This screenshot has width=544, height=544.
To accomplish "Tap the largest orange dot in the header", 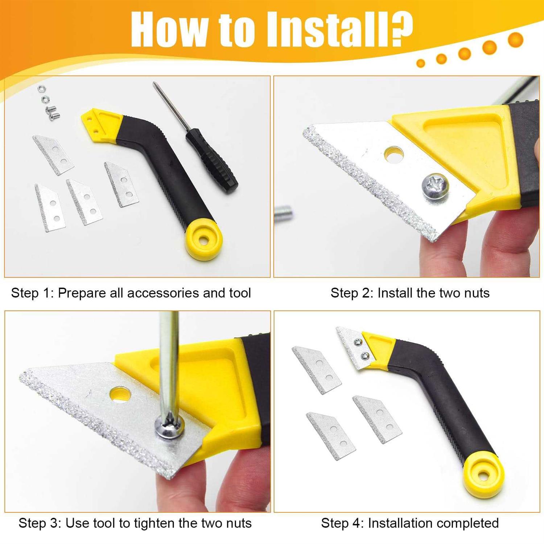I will point(515,40).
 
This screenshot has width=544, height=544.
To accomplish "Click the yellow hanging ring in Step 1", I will point(203,239).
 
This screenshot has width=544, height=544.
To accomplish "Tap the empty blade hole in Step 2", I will point(393,154).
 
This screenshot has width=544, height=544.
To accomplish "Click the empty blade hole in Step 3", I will point(120,394).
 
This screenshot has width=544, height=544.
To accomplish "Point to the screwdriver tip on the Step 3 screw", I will point(169,423).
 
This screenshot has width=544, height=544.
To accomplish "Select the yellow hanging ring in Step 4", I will point(483,475).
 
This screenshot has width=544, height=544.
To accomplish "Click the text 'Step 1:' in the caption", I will point(32,293).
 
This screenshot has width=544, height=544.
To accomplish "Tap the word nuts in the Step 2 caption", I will point(477,293).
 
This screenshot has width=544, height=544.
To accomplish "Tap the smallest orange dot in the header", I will point(421,63).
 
